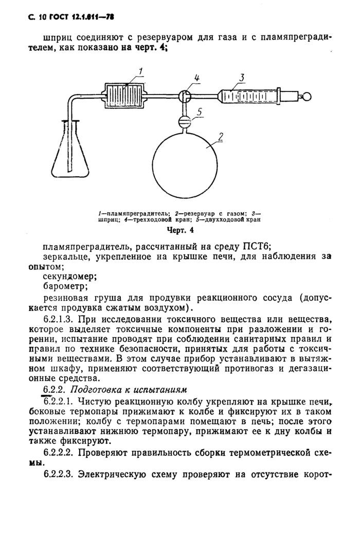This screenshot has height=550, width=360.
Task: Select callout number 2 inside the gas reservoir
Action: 220,137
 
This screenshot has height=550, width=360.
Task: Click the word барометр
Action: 66,286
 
